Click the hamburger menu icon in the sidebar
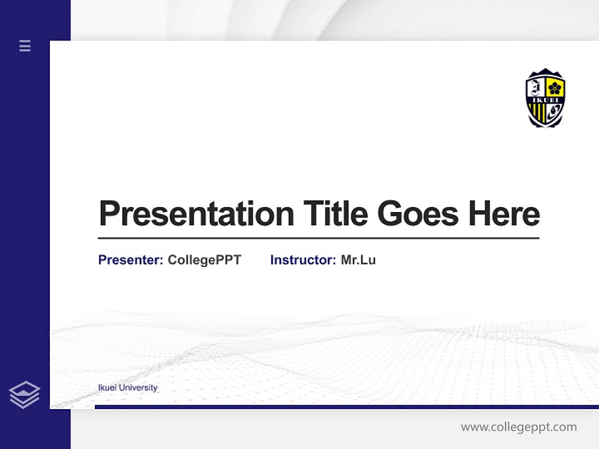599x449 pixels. [25, 46]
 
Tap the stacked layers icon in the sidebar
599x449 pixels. [24, 395]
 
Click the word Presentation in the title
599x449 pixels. [196, 214]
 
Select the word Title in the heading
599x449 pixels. [335, 213]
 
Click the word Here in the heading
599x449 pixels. [504, 214]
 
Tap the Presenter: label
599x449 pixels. [130, 260]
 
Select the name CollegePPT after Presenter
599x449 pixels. [204, 260]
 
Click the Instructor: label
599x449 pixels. [303, 260]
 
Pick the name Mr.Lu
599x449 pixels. [358, 260]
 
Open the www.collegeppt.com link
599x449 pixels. [519, 427]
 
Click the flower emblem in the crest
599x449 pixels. [555, 88]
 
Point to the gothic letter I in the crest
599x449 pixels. [537, 87]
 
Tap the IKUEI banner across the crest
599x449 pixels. [545, 100]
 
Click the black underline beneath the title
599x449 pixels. [318, 238]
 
